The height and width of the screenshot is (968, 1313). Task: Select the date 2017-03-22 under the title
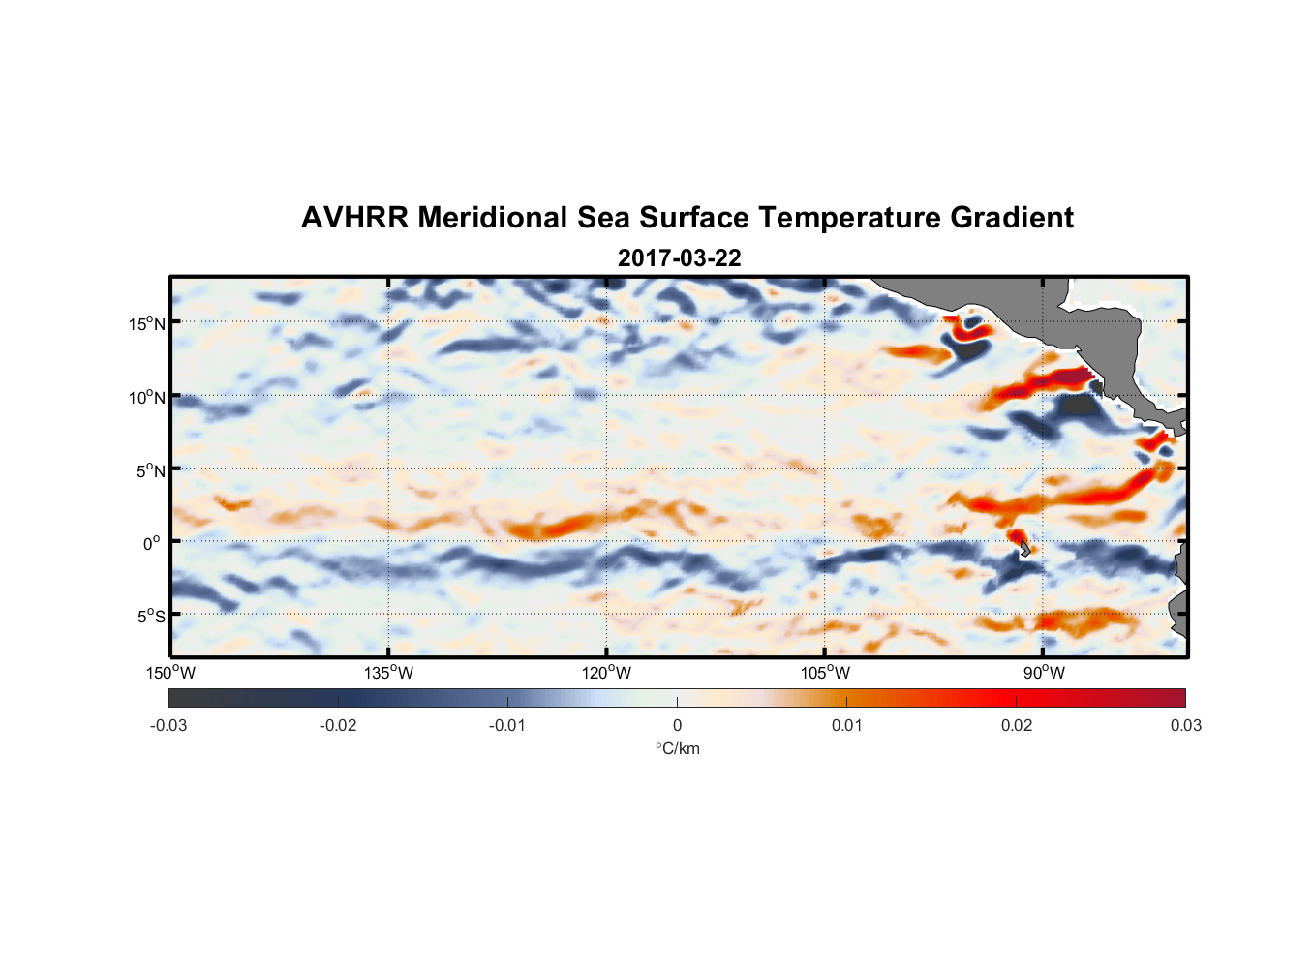pos(679,258)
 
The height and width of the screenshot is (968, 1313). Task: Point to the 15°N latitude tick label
pos(146,323)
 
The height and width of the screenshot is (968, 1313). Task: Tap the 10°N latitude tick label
pos(146,397)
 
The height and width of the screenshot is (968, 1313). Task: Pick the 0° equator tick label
pos(152,543)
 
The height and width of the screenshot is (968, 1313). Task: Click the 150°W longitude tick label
pos(171,673)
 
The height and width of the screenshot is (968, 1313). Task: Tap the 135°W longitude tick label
pos(389,673)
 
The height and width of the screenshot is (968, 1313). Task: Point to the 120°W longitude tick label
pos(607,673)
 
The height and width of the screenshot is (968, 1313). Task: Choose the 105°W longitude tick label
pos(825,673)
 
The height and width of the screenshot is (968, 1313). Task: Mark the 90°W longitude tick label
pos(1044,673)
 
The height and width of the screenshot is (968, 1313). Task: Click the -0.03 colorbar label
pos(168,726)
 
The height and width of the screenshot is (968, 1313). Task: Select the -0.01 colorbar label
pos(506,726)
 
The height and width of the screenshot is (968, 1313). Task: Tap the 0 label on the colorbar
pos(677,726)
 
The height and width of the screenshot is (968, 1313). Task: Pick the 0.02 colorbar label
pos(1017,726)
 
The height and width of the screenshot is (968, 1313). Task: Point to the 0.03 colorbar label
pos(1185,726)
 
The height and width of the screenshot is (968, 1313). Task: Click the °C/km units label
pos(677,748)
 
